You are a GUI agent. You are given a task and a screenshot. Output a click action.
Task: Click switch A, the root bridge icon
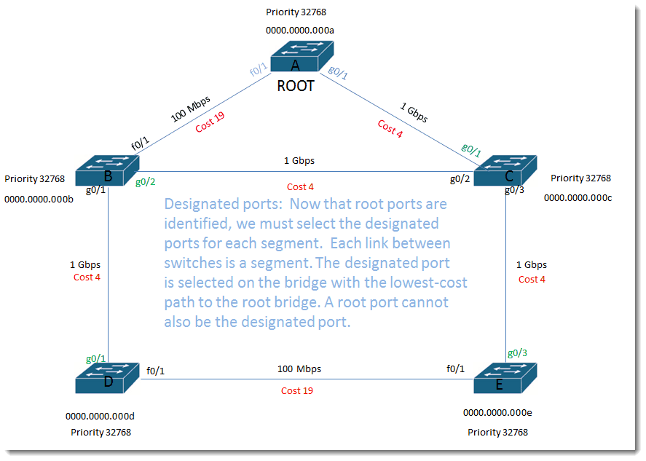click(302, 56)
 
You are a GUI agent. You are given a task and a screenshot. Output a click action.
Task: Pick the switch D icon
click(107, 377)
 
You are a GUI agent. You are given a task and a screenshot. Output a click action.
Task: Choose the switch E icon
click(505, 377)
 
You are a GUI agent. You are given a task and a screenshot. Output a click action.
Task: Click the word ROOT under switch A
click(296, 86)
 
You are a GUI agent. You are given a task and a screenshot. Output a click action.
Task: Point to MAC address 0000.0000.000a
click(299, 31)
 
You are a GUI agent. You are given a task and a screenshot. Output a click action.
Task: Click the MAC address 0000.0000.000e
click(497, 412)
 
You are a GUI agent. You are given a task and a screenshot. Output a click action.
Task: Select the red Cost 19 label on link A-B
click(210, 122)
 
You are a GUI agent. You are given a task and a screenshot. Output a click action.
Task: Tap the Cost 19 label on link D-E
click(297, 391)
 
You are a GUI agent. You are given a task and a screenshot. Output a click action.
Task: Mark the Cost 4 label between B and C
click(300, 187)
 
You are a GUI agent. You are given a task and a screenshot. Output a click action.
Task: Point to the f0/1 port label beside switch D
click(156, 371)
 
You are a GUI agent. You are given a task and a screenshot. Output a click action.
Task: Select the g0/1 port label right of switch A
click(338, 71)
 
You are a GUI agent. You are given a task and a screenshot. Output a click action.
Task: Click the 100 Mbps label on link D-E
click(299, 369)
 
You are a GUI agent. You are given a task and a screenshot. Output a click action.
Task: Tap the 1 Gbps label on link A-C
click(414, 111)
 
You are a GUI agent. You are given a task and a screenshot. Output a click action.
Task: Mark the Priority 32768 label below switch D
click(101, 432)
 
